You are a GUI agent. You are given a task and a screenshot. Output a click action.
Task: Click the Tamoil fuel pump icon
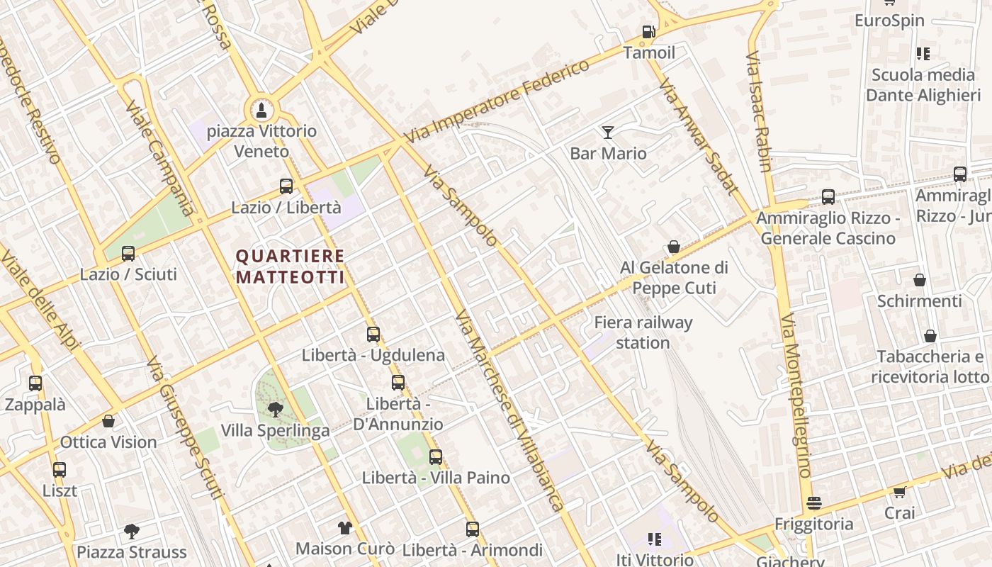point(648,32)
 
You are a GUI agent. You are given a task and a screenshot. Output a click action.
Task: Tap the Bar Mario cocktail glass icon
point(608,132)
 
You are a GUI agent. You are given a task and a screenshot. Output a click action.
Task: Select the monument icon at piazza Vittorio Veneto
point(261,110)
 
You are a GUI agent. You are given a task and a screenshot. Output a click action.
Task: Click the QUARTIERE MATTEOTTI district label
point(291,266)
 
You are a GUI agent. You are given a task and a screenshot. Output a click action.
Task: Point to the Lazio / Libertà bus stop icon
point(286,186)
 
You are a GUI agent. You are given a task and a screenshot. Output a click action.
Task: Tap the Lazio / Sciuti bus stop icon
point(128,254)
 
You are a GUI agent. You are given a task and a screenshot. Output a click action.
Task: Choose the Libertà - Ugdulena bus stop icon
point(373,335)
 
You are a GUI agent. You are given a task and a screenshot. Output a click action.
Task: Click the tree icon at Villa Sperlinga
point(275,409)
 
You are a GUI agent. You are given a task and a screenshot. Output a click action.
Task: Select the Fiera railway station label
point(643,332)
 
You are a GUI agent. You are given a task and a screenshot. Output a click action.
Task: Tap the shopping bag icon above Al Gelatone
point(674,247)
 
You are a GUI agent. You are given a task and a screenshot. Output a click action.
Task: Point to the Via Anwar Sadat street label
point(698,137)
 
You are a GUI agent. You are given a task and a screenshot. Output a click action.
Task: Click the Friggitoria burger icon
point(814,503)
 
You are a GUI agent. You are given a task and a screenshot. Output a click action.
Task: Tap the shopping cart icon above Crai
point(899,492)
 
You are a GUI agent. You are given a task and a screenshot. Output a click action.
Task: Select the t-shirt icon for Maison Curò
point(345,527)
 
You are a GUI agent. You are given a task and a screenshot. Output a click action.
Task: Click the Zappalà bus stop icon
point(35,383)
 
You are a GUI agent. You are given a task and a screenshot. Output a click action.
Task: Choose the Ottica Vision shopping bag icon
point(108,421)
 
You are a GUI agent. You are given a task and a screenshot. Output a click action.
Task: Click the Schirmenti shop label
point(920,301)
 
